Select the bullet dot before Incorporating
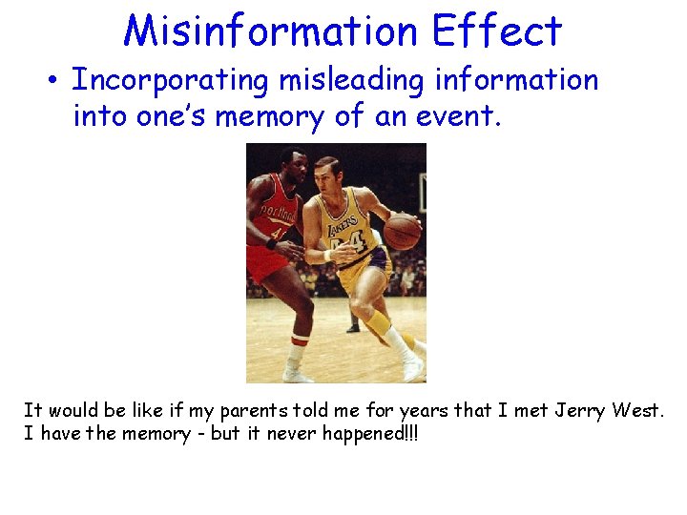[x=55, y=81]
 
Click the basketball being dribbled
[x=402, y=231]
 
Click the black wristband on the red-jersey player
[x=272, y=244]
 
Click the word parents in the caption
[x=245, y=411]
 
